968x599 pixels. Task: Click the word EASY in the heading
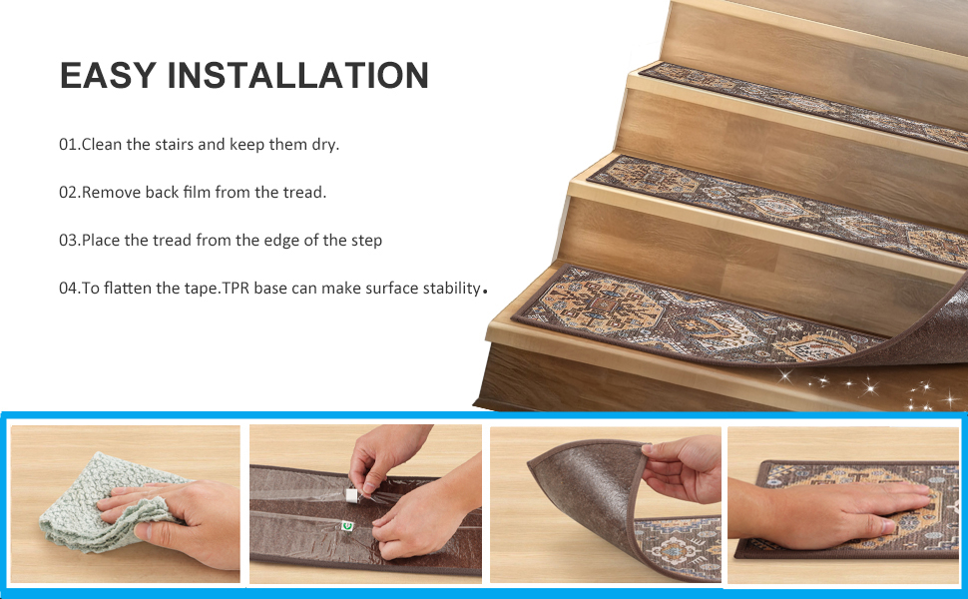108,76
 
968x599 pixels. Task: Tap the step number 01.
68,145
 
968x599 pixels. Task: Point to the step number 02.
68,193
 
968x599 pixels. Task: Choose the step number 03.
68,241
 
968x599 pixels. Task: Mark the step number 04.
68,289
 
